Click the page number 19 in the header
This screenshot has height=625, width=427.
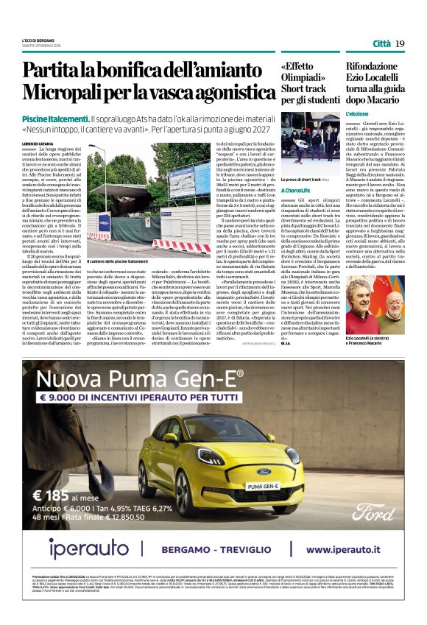[400, 43]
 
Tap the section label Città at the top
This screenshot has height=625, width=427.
[381, 43]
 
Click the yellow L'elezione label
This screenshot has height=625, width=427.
[359, 115]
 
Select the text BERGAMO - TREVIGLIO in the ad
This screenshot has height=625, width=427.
[236, 550]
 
